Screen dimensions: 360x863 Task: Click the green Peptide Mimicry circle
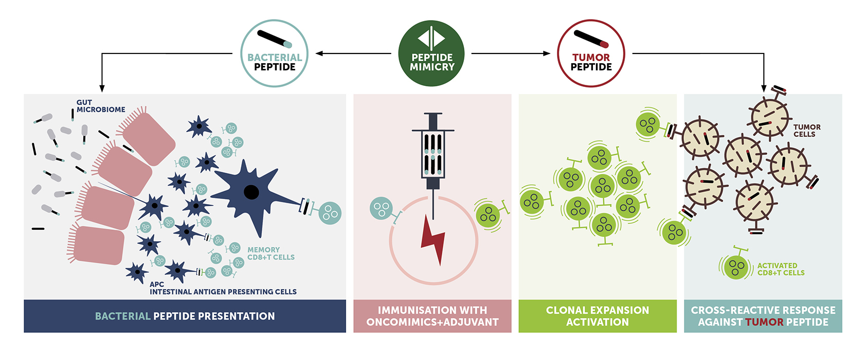pos(431,53)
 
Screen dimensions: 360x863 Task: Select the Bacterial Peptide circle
pos(275,53)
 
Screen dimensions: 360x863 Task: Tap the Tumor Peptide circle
pos(591,53)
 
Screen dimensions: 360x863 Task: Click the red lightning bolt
pos(434,240)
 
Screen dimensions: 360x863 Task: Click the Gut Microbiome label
pos(100,106)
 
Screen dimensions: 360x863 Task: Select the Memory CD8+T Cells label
pos(271,254)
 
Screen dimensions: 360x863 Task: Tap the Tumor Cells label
pos(806,131)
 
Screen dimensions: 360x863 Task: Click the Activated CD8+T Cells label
pos(780,269)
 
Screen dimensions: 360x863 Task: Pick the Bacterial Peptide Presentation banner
pos(185,316)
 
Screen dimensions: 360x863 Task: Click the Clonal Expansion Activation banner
pos(597,316)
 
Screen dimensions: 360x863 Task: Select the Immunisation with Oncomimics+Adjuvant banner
pos(432,316)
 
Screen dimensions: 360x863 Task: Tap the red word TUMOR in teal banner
pos(765,322)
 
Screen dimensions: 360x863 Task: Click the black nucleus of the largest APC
pos(251,192)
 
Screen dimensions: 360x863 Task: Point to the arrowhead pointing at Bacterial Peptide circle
pos(319,53)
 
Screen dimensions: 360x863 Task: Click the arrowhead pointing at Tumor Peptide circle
pos(547,53)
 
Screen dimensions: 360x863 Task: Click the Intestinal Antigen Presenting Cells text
pos(223,292)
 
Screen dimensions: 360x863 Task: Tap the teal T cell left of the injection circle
pos(381,209)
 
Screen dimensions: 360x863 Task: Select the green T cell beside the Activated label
pos(736,266)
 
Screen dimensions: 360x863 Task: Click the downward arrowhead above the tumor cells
pos(764,88)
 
